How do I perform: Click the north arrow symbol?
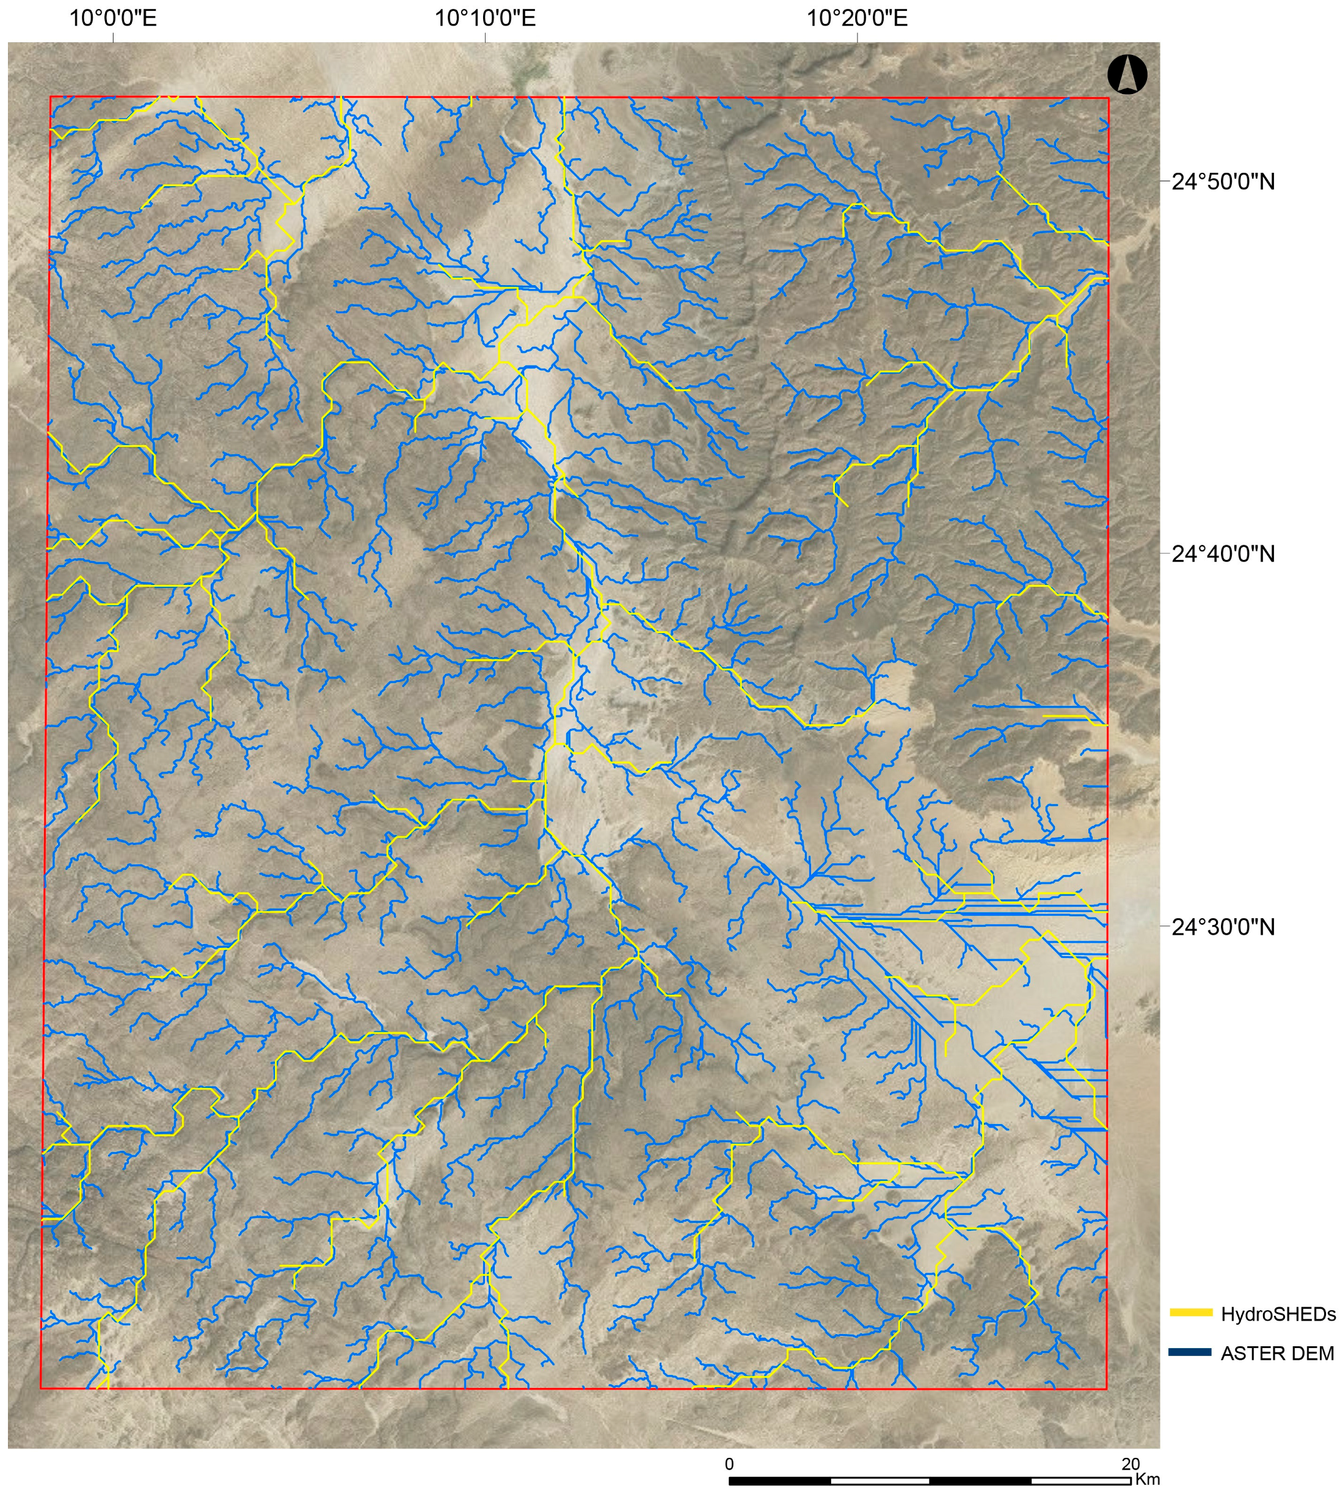click(x=1126, y=75)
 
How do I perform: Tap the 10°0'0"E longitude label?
click(x=112, y=18)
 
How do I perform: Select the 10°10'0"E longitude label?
click(x=484, y=18)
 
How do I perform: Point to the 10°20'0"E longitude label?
click(x=857, y=18)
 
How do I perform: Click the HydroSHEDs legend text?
click(x=1278, y=1315)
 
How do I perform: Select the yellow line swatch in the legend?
click(x=1190, y=1312)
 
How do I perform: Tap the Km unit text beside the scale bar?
click(x=1147, y=1459)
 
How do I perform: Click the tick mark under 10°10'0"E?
click(x=484, y=37)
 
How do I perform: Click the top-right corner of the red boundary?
click(x=1108, y=97)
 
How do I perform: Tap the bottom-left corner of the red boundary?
click(x=42, y=1389)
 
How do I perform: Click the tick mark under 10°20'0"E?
click(x=857, y=37)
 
